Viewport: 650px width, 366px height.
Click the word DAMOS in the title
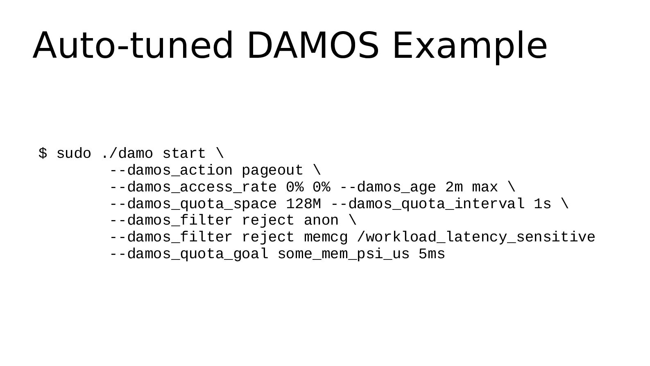click(313, 45)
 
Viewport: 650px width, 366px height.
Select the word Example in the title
click(470, 47)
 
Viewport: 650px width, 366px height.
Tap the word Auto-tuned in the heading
click(133, 45)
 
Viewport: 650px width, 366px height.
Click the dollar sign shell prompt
click(43, 153)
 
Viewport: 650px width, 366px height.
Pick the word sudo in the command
click(74, 153)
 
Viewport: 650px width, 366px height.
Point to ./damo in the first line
click(127, 153)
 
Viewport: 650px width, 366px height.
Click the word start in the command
click(184, 153)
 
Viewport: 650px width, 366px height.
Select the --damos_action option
click(171, 170)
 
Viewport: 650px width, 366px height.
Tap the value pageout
click(272, 170)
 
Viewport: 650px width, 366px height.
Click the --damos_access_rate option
click(193, 187)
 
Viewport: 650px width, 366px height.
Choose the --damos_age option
click(388, 187)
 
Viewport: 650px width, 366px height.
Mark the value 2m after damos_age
click(454, 187)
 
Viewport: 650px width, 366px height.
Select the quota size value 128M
click(303, 204)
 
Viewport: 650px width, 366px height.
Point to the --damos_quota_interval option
click(428, 204)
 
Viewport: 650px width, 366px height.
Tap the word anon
click(321, 221)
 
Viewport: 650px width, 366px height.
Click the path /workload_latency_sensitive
click(476, 237)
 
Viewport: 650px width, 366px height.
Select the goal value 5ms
click(432, 254)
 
